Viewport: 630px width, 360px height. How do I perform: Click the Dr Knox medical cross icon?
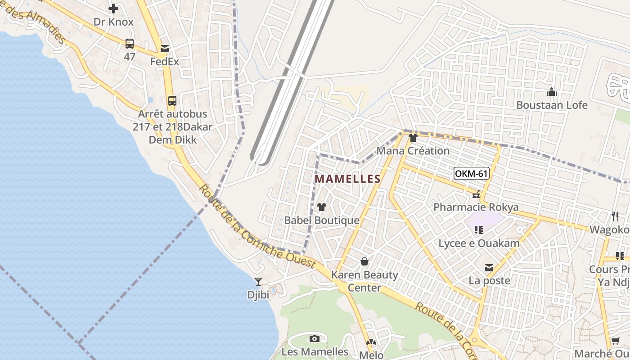(113, 8)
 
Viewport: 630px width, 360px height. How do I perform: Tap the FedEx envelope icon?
(164, 48)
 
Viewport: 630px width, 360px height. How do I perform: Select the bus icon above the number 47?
(130, 44)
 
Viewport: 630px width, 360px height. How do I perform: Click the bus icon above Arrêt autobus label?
(172, 101)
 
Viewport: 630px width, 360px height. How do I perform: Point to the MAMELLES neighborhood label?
(347, 179)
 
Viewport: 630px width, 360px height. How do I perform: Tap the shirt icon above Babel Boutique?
(322, 207)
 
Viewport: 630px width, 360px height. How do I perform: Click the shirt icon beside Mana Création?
(413, 138)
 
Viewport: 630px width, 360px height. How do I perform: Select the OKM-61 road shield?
(471, 173)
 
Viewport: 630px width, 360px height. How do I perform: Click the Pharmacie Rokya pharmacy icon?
(476, 195)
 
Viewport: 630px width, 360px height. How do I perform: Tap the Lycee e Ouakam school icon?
(479, 230)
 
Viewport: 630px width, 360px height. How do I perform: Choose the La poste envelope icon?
(489, 268)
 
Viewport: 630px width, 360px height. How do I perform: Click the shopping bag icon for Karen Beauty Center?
(364, 261)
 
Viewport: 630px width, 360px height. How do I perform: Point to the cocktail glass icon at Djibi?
(258, 282)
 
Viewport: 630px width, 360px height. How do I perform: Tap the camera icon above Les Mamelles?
(315, 338)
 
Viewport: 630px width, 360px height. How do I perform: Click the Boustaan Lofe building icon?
(552, 92)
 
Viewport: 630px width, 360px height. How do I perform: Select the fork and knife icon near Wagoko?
(615, 216)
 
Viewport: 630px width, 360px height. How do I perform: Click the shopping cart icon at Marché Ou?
(615, 341)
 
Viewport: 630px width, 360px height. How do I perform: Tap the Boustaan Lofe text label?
(552, 105)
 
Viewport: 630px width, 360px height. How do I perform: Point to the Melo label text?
(371, 355)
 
